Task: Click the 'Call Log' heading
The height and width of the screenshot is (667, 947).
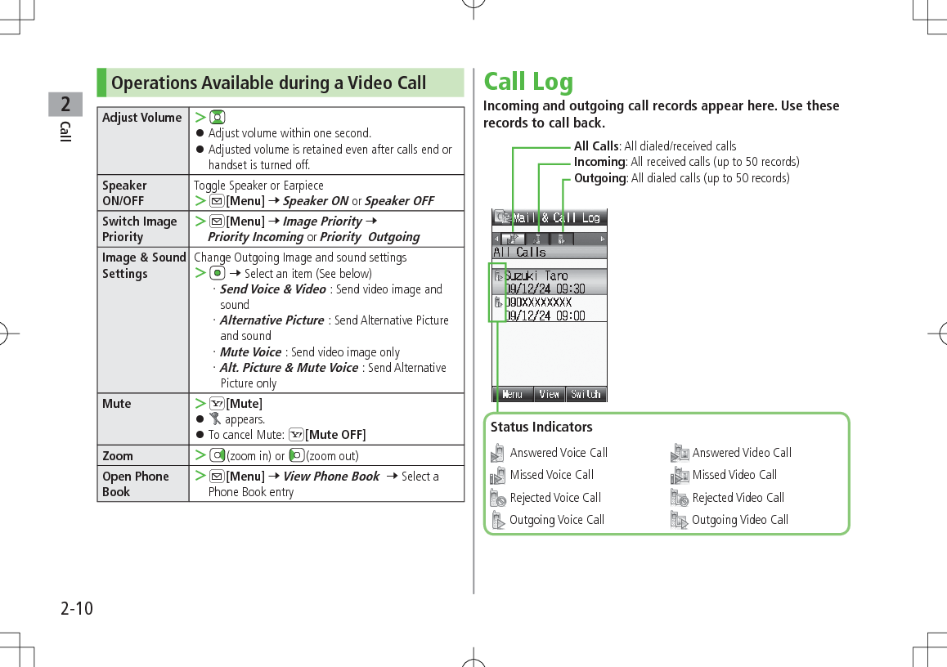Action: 528,82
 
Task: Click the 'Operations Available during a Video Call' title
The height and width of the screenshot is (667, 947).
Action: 268,83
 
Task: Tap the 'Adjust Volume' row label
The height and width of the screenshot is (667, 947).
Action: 141,118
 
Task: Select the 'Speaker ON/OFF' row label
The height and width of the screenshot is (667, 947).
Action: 125,193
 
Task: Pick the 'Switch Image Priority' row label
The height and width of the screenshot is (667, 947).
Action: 139,229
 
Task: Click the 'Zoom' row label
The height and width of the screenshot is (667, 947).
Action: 118,455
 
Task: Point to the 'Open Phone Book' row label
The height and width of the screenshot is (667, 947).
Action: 136,484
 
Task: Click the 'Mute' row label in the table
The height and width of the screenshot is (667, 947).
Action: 117,403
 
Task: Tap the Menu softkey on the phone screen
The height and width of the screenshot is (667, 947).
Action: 512,394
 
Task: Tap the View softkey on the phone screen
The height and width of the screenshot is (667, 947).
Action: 550,394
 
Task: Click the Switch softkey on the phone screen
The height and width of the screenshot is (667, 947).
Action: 586,394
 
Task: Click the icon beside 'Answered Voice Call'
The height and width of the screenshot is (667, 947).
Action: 498,453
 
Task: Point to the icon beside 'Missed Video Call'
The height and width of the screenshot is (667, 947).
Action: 680,476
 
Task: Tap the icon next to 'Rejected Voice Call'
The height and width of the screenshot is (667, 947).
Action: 498,498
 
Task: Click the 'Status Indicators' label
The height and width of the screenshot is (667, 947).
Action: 541,427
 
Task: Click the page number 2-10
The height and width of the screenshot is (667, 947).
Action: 76,609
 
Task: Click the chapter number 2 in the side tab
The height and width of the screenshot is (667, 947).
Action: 65,104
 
